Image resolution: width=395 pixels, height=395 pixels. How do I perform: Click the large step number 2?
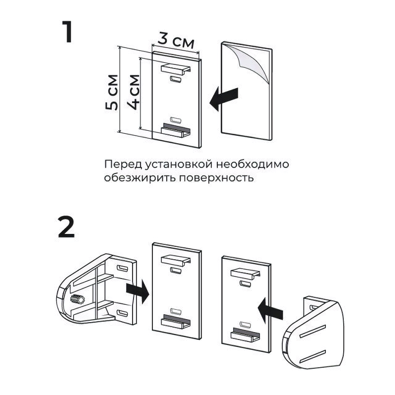pyautogui.click(x=66, y=227)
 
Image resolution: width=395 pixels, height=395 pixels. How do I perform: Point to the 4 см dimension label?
pyautogui.click(x=134, y=92)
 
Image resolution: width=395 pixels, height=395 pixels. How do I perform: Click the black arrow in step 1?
pyautogui.click(x=224, y=98)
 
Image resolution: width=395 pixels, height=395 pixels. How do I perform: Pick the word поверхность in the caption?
pyautogui.click(x=216, y=178)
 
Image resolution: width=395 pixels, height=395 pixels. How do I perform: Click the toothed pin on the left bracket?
pyautogui.click(x=78, y=300)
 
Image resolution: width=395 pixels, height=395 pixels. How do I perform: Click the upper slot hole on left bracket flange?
pyautogui.click(x=123, y=267)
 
